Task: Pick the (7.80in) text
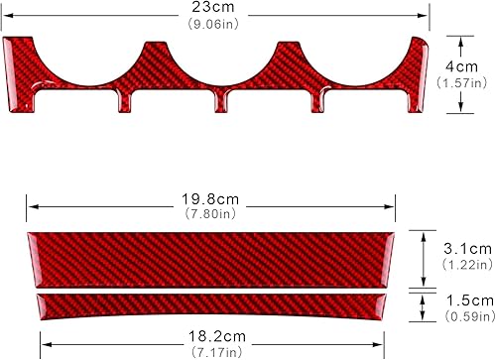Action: (211, 212)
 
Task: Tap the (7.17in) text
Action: (211, 351)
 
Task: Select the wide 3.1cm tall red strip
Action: (210, 256)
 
